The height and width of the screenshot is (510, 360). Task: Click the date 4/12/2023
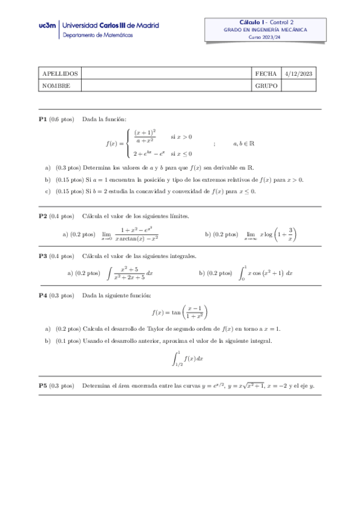(299, 73)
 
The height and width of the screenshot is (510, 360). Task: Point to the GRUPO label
(266, 85)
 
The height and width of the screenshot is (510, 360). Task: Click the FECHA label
(266, 73)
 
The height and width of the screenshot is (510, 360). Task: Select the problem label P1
(43, 119)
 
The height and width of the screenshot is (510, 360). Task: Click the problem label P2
(43, 216)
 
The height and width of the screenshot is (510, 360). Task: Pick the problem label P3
(43, 256)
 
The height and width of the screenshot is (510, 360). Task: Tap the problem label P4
(43, 295)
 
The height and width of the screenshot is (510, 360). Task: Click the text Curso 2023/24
(264, 37)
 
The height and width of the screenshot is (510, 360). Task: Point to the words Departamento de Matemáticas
(99, 35)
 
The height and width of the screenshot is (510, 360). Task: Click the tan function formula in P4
(180, 312)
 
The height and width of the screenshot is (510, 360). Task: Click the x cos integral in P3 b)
(266, 273)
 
